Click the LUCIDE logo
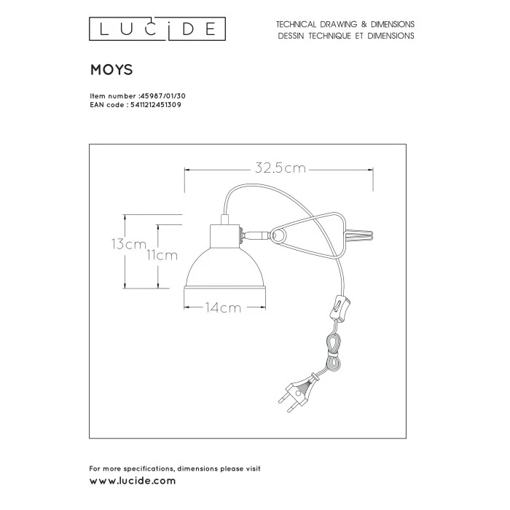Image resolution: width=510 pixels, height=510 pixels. tap(156, 29)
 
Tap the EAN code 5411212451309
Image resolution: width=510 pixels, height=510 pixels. tap(155, 105)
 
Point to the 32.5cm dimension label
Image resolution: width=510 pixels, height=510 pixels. tap(280, 168)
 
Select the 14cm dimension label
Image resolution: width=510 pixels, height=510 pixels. tap(223, 307)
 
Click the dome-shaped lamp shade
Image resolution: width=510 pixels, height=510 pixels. tap(223, 270)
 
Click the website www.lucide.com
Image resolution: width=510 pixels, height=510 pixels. tap(132, 481)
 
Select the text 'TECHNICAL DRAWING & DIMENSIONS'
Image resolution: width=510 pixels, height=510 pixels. tap(345, 24)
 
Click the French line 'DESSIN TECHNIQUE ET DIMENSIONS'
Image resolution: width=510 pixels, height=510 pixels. tap(345, 35)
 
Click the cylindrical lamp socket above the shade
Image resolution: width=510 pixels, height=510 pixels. tap(224, 235)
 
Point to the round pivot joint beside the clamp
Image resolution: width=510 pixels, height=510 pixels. tap(278, 235)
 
